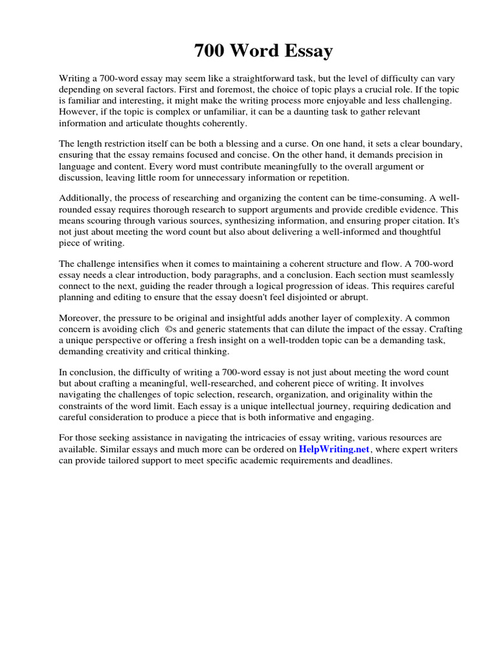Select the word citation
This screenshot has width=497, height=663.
pos(381,221)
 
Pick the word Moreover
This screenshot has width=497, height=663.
pos(80,319)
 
